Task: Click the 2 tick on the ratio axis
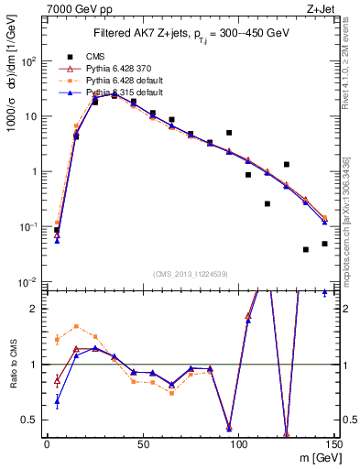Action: pyautogui.click(x=38, y=309)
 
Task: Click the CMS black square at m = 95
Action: pyautogui.click(x=229, y=133)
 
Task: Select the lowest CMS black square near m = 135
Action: pyautogui.click(x=305, y=249)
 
